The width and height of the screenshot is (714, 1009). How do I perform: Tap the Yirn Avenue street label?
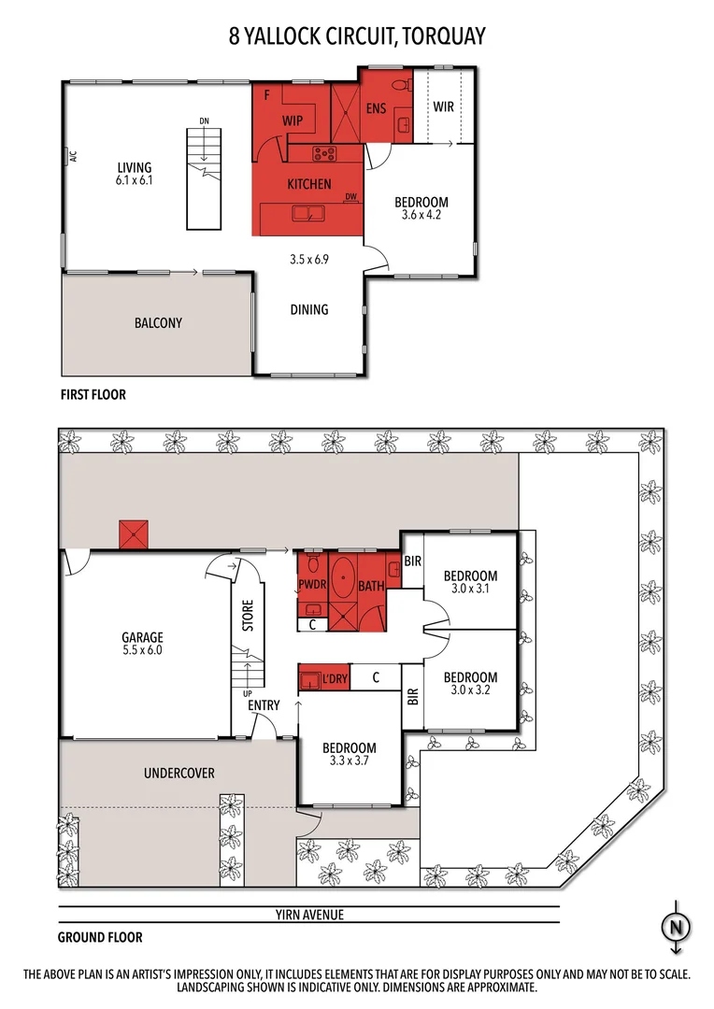click(x=309, y=915)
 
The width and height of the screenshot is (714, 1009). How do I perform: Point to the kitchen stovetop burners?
click(x=323, y=154)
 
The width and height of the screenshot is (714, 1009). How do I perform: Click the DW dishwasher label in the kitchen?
click(x=351, y=197)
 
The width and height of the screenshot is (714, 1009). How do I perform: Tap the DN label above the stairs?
click(x=203, y=121)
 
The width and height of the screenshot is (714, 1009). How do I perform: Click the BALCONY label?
click(x=157, y=323)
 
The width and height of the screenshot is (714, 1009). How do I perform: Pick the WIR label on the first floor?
click(x=443, y=107)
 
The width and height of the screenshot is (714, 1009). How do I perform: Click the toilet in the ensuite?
click(x=400, y=86)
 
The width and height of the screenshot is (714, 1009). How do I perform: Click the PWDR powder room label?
click(x=311, y=587)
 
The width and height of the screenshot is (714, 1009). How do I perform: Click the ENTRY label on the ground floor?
click(x=264, y=705)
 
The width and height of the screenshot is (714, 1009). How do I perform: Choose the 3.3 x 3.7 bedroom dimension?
click(x=350, y=761)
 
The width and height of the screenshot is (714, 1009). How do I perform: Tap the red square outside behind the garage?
click(x=134, y=536)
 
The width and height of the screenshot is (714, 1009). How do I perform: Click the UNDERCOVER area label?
click(x=179, y=774)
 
